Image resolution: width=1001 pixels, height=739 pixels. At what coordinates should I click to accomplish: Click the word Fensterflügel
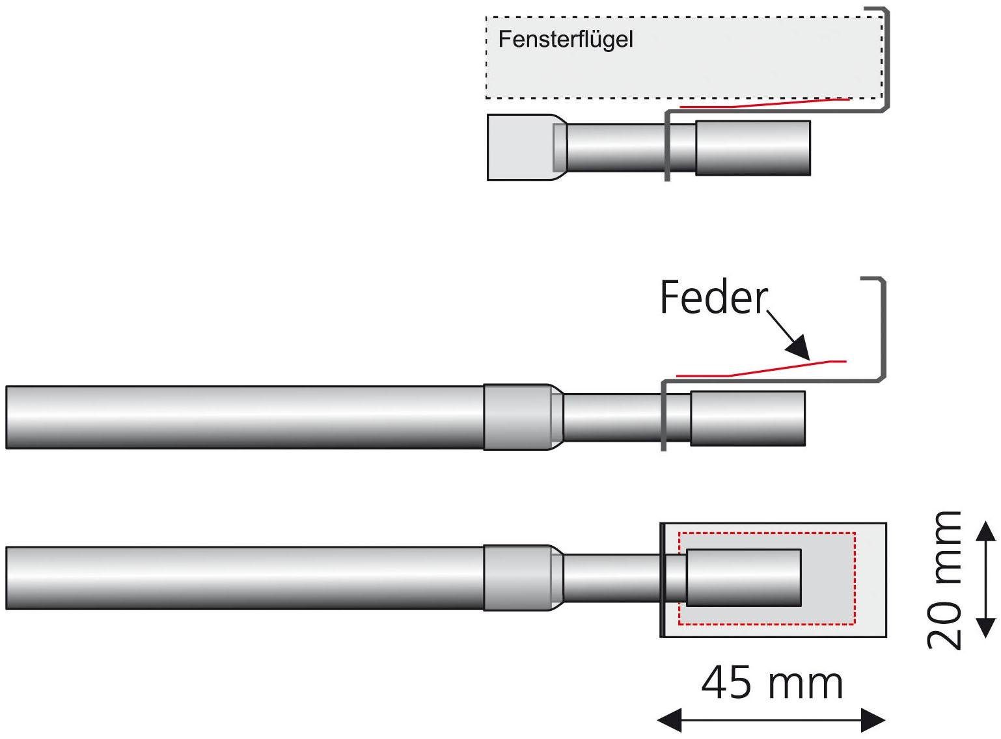(x=565, y=40)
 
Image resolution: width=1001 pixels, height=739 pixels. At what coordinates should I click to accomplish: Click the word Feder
(x=713, y=298)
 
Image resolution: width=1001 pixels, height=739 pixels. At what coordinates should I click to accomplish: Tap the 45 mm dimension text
(x=772, y=684)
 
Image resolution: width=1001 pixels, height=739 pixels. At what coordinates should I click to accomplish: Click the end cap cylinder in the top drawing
(x=753, y=148)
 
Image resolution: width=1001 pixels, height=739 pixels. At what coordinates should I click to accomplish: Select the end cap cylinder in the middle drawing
(x=748, y=418)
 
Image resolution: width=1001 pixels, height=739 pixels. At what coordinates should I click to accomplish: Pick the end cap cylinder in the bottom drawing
(x=744, y=578)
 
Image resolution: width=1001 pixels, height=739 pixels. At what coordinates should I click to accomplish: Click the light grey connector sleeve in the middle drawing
(x=517, y=417)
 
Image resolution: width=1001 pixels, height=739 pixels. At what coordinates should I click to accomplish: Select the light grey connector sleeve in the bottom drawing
(x=517, y=578)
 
